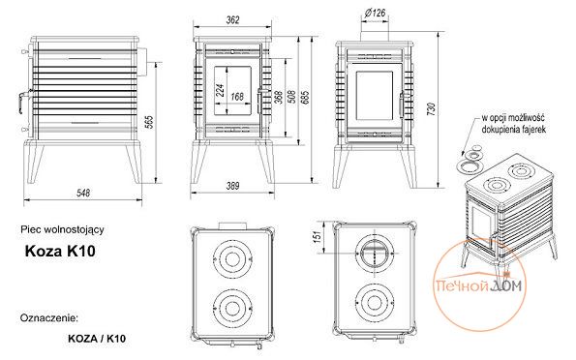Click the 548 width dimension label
point(83,193)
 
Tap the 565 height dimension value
point(149,122)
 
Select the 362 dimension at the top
point(232,19)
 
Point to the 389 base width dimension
point(232,186)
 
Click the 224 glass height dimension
point(220,90)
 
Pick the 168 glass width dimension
point(237,97)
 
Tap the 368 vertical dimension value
point(279,98)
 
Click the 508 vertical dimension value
point(292,97)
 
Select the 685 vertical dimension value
point(306,97)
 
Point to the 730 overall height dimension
point(432,109)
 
